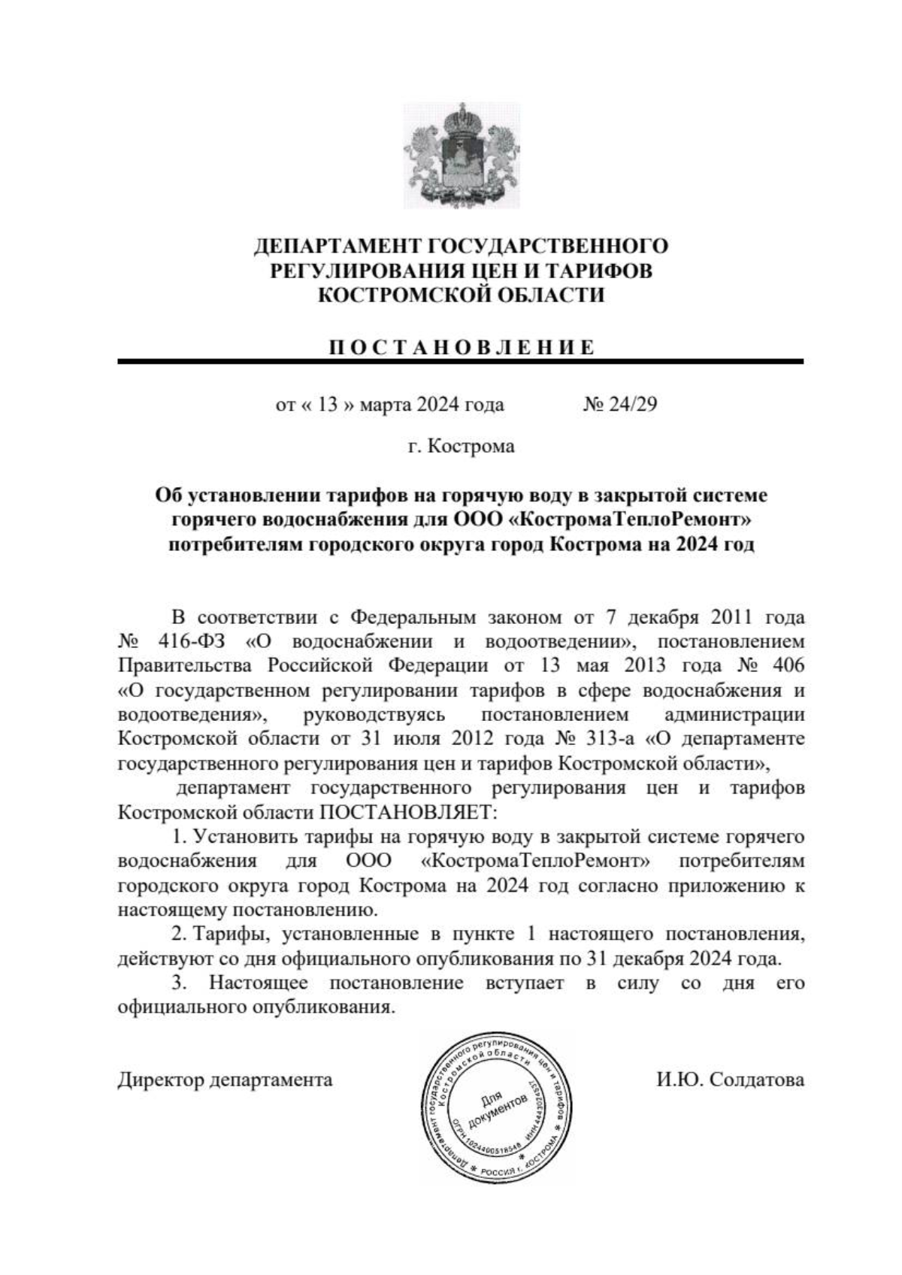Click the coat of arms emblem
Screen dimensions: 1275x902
461,155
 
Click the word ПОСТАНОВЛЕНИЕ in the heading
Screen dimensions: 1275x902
461,347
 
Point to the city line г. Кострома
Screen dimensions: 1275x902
461,447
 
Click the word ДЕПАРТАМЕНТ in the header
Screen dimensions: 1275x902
337,246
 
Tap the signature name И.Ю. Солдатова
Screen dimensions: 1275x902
729,1080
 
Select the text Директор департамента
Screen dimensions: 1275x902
225,1080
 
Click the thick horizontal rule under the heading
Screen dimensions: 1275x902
461,362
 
